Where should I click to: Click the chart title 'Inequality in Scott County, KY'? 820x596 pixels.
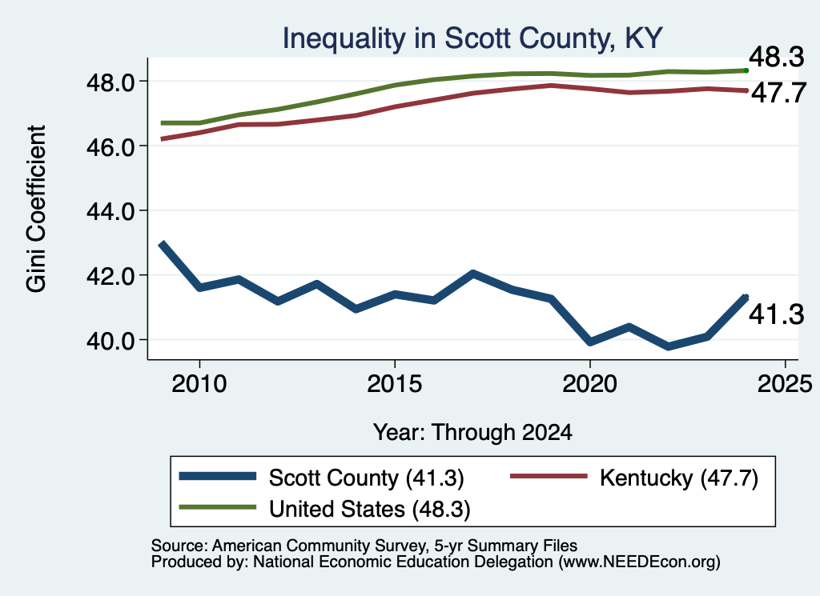(x=472, y=39)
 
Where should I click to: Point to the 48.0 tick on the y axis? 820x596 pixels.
(x=110, y=82)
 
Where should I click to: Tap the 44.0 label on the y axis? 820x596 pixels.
(x=110, y=211)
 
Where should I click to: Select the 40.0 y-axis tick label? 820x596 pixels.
(x=110, y=341)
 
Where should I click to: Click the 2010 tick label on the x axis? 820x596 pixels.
(x=199, y=385)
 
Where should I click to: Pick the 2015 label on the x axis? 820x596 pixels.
(x=394, y=385)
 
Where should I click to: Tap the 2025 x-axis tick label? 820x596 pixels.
(x=785, y=385)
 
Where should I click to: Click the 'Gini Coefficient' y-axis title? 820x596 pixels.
(x=37, y=209)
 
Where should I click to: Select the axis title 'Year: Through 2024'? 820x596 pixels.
(x=472, y=433)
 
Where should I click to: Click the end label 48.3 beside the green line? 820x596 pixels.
(x=777, y=57)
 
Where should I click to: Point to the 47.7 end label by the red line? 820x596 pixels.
(x=778, y=93)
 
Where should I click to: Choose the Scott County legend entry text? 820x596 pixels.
(x=367, y=478)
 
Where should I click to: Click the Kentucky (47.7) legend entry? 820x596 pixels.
(x=679, y=478)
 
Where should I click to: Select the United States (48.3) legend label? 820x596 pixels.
(x=370, y=510)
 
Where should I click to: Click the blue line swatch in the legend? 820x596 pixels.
(x=218, y=476)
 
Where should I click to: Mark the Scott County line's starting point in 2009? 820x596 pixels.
(x=162, y=244)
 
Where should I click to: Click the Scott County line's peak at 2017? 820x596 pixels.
(x=472, y=274)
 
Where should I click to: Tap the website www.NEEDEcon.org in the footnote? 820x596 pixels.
(x=638, y=562)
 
